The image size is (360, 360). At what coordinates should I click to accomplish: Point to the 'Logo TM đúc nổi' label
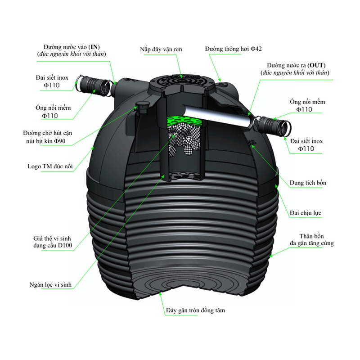tap(49, 166)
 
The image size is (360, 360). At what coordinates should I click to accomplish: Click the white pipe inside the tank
tap(216, 115)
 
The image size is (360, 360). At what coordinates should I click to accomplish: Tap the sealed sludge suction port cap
tap(142, 106)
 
